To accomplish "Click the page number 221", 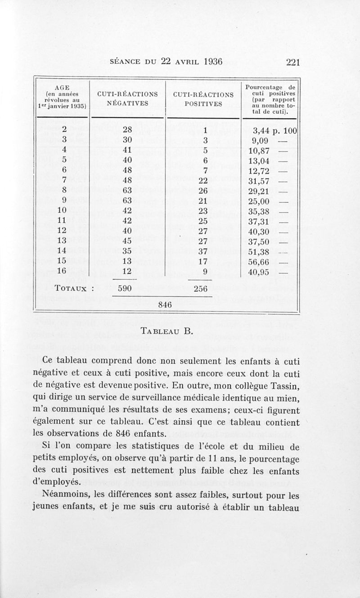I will tap(292, 62).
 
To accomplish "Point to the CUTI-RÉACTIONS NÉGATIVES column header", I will tap(127, 99).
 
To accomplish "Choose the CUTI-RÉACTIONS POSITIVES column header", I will tap(203, 99).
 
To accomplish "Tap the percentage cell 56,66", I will tap(258, 261).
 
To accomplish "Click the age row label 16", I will tap(62, 271).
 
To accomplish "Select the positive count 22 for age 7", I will tap(202, 180).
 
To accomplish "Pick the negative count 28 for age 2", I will tap(127, 131).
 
